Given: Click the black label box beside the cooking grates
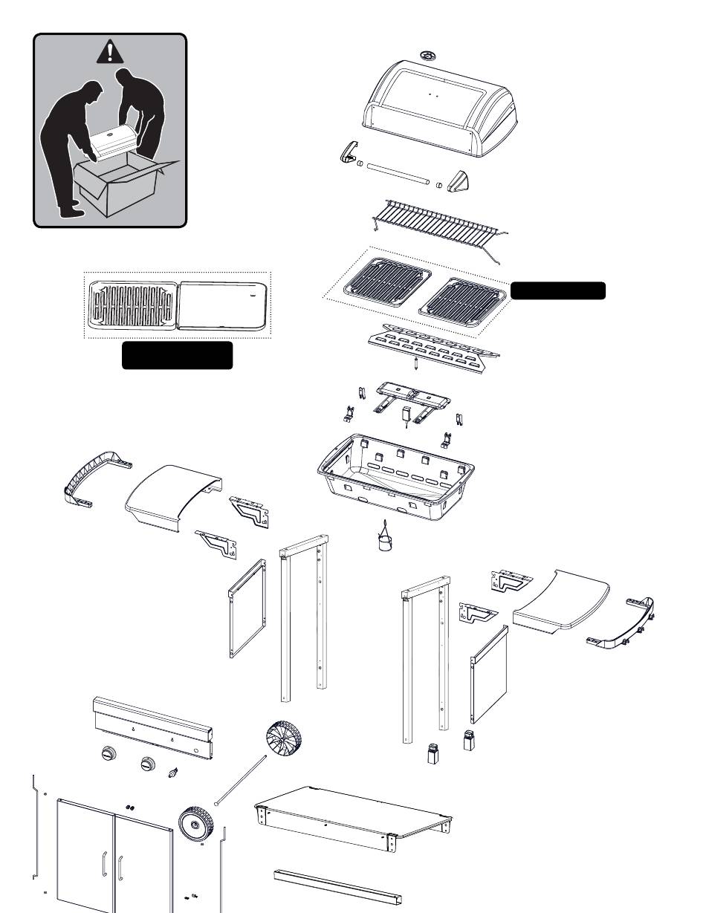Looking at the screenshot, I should pyautogui.click(x=557, y=290).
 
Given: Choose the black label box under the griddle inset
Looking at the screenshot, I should pyautogui.click(x=177, y=356).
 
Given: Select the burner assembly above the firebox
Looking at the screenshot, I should pyautogui.click(x=410, y=397).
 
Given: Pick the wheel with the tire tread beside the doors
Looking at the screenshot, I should pyautogui.click(x=195, y=825).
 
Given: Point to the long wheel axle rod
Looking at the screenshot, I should pyautogui.click(x=240, y=778).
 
